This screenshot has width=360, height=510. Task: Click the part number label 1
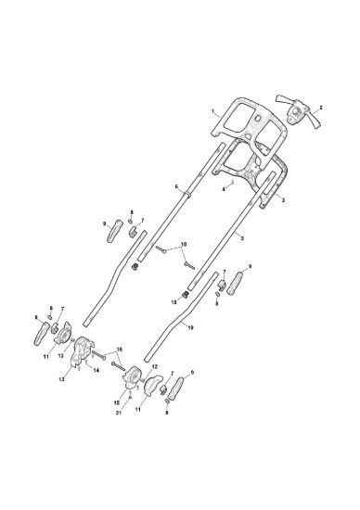(213, 111)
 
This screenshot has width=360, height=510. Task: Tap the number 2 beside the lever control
(321, 107)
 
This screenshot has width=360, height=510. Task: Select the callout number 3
(283, 200)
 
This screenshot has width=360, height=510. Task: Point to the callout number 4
(224, 189)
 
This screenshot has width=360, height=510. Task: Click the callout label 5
(242, 238)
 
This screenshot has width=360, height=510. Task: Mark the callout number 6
(176, 186)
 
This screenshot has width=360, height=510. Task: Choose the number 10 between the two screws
(184, 244)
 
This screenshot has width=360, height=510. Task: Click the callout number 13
(62, 379)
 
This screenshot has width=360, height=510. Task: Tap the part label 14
(96, 371)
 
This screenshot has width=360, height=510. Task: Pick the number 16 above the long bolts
(119, 349)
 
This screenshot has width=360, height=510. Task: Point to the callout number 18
(174, 302)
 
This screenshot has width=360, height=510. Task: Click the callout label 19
(190, 328)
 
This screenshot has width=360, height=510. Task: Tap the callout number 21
(119, 413)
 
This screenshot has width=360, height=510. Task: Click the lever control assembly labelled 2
(298, 113)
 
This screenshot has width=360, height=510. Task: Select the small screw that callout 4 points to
(233, 182)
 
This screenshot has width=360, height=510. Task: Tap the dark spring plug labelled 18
(186, 295)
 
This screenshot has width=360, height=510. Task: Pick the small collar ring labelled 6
(187, 195)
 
